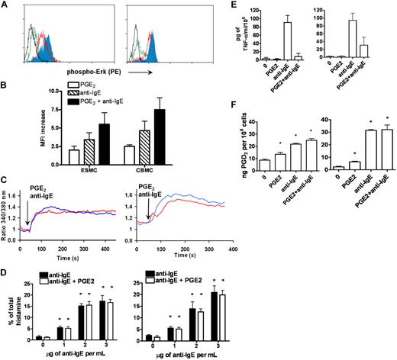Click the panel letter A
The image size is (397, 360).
click(x=5, y=6)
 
